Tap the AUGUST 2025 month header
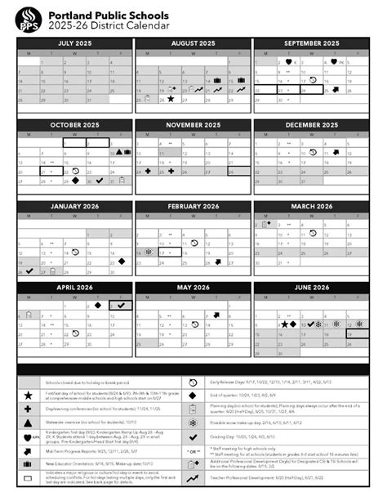(x=193, y=42)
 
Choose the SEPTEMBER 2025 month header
(x=311, y=42)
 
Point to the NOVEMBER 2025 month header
(x=193, y=125)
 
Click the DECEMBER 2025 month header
(x=311, y=125)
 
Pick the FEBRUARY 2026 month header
(x=193, y=206)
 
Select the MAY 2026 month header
(x=193, y=287)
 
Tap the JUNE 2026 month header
(x=311, y=287)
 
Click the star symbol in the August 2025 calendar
(x=171, y=99)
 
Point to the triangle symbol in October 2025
(x=118, y=152)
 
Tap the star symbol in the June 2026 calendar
(x=284, y=324)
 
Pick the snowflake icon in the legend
(x=193, y=423)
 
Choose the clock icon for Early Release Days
(x=193, y=382)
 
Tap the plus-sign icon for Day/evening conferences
(x=28, y=408)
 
